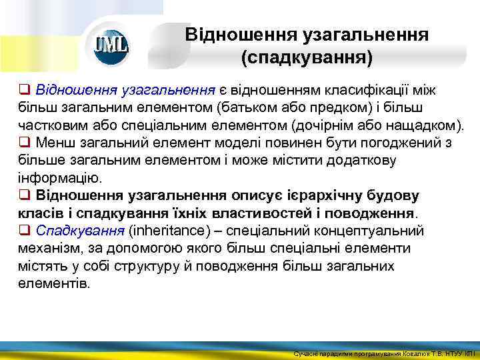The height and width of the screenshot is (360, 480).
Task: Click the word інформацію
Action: coord(60,178)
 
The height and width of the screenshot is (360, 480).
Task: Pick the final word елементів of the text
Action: coord(53,283)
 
